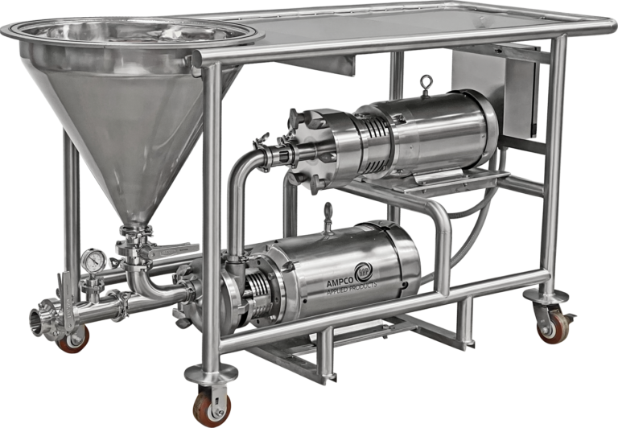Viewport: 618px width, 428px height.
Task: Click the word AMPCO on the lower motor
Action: pos(340,283)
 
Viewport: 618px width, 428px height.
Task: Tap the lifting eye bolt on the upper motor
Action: pos(426,85)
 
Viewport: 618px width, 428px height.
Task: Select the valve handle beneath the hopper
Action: pos(170,250)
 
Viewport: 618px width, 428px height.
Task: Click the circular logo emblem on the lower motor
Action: pos(363,271)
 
